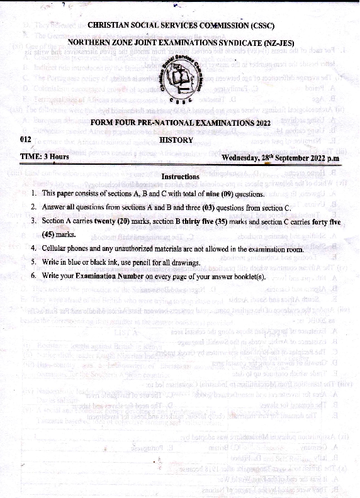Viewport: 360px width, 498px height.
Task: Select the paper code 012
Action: pyautogui.click(x=26, y=140)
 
